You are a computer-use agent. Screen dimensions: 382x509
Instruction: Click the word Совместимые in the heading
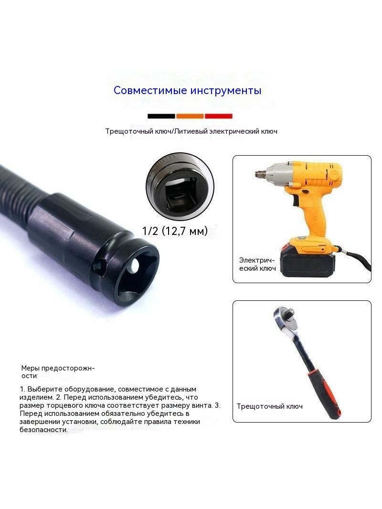[150, 90]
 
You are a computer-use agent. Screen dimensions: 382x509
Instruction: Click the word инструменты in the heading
[226, 91]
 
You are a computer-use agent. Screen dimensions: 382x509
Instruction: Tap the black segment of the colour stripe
[161, 116]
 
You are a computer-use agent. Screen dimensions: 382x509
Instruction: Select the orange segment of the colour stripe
[190, 116]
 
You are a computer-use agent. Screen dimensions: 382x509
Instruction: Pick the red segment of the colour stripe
[218, 116]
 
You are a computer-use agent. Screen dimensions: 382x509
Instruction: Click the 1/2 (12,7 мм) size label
[175, 231]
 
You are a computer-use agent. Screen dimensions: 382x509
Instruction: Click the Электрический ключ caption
[257, 264]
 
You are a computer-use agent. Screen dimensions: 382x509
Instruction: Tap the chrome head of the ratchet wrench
[286, 320]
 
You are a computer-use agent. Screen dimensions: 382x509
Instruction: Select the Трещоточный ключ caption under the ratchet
[269, 406]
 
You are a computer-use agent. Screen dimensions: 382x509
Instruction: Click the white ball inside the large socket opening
[135, 267]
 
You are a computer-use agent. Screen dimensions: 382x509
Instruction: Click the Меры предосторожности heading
[58, 372]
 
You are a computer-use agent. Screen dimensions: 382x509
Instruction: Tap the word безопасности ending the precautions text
[43, 430]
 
